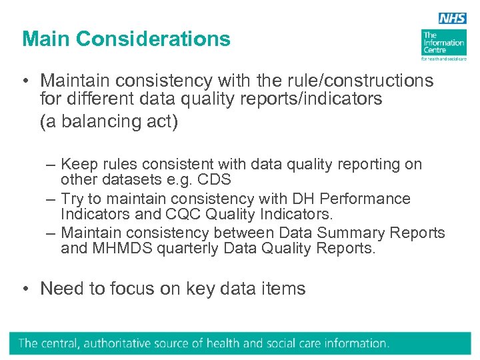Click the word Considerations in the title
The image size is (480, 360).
tap(153, 39)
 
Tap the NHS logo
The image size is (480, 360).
tap(453, 19)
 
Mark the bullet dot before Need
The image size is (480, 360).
tap(24, 289)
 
